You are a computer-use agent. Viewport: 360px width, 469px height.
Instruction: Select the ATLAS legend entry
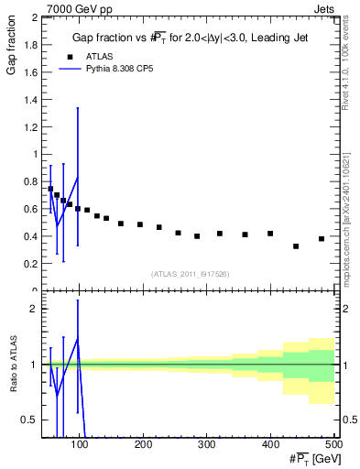click(86, 57)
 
